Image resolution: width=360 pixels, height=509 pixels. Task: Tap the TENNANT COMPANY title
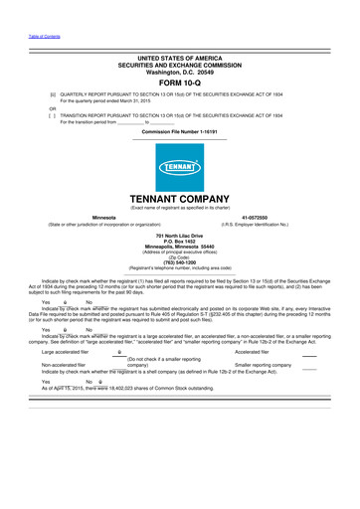coord(179,198)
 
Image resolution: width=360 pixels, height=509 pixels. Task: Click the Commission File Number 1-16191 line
coord(179,131)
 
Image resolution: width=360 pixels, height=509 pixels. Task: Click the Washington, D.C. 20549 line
coord(179,72)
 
